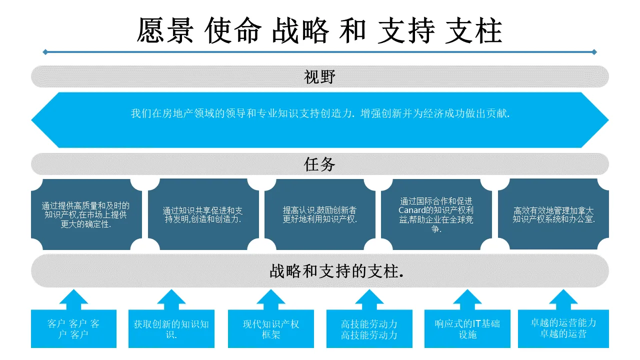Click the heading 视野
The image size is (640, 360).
click(319, 76)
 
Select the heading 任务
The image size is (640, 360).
click(319, 164)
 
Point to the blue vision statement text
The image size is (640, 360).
click(320, 113)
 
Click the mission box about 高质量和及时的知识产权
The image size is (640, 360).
click(85, 214)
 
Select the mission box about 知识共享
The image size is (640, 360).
click(203, 214)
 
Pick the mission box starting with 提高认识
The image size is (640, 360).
click(320, 214)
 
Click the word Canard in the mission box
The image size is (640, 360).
click(411, 210)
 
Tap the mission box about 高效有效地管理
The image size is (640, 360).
click(553, 214)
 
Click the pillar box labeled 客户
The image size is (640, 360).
click(73, 329)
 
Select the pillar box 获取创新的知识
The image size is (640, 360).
click(171, 329)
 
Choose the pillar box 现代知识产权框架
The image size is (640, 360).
click(271, 329)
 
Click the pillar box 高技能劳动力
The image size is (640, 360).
click(369, 329)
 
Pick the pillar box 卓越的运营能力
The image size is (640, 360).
click(563, 329)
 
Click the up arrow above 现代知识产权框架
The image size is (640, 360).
click(271, 299)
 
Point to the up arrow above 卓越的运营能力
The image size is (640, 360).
click(563, 299)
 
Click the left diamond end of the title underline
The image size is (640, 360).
click(45, 52)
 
